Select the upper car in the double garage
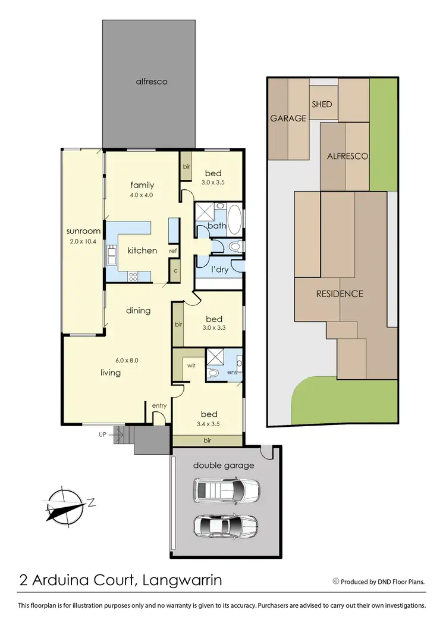226,491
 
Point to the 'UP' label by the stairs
103,435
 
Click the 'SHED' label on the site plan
322,104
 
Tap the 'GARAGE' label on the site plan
288,118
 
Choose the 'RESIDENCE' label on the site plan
339,293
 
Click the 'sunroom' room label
82,232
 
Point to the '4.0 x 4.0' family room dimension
142,195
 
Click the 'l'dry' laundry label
221,269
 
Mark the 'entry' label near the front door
159,405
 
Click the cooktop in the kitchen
133,276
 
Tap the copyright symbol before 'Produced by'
335,581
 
